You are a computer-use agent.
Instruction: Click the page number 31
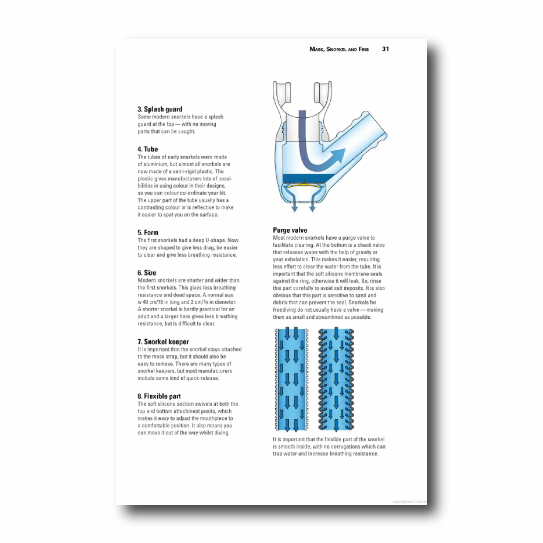(x=385, y=49)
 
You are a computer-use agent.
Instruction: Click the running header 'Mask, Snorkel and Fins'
(x=339, y=49)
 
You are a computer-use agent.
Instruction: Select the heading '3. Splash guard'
(x=160, y=109)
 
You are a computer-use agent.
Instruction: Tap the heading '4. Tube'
(x=148, y=149)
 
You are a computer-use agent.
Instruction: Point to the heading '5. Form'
(x=148, y=233)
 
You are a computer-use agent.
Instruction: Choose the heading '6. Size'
(x=147, y=273)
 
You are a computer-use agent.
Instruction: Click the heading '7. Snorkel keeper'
(x=163, y=342)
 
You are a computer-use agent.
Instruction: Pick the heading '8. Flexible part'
(x=159, y=396)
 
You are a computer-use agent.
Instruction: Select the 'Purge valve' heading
(x=290, y=230)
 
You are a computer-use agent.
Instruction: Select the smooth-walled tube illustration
(x=291, y=379)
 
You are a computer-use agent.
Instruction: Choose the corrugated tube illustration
(x=336, y=379)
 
